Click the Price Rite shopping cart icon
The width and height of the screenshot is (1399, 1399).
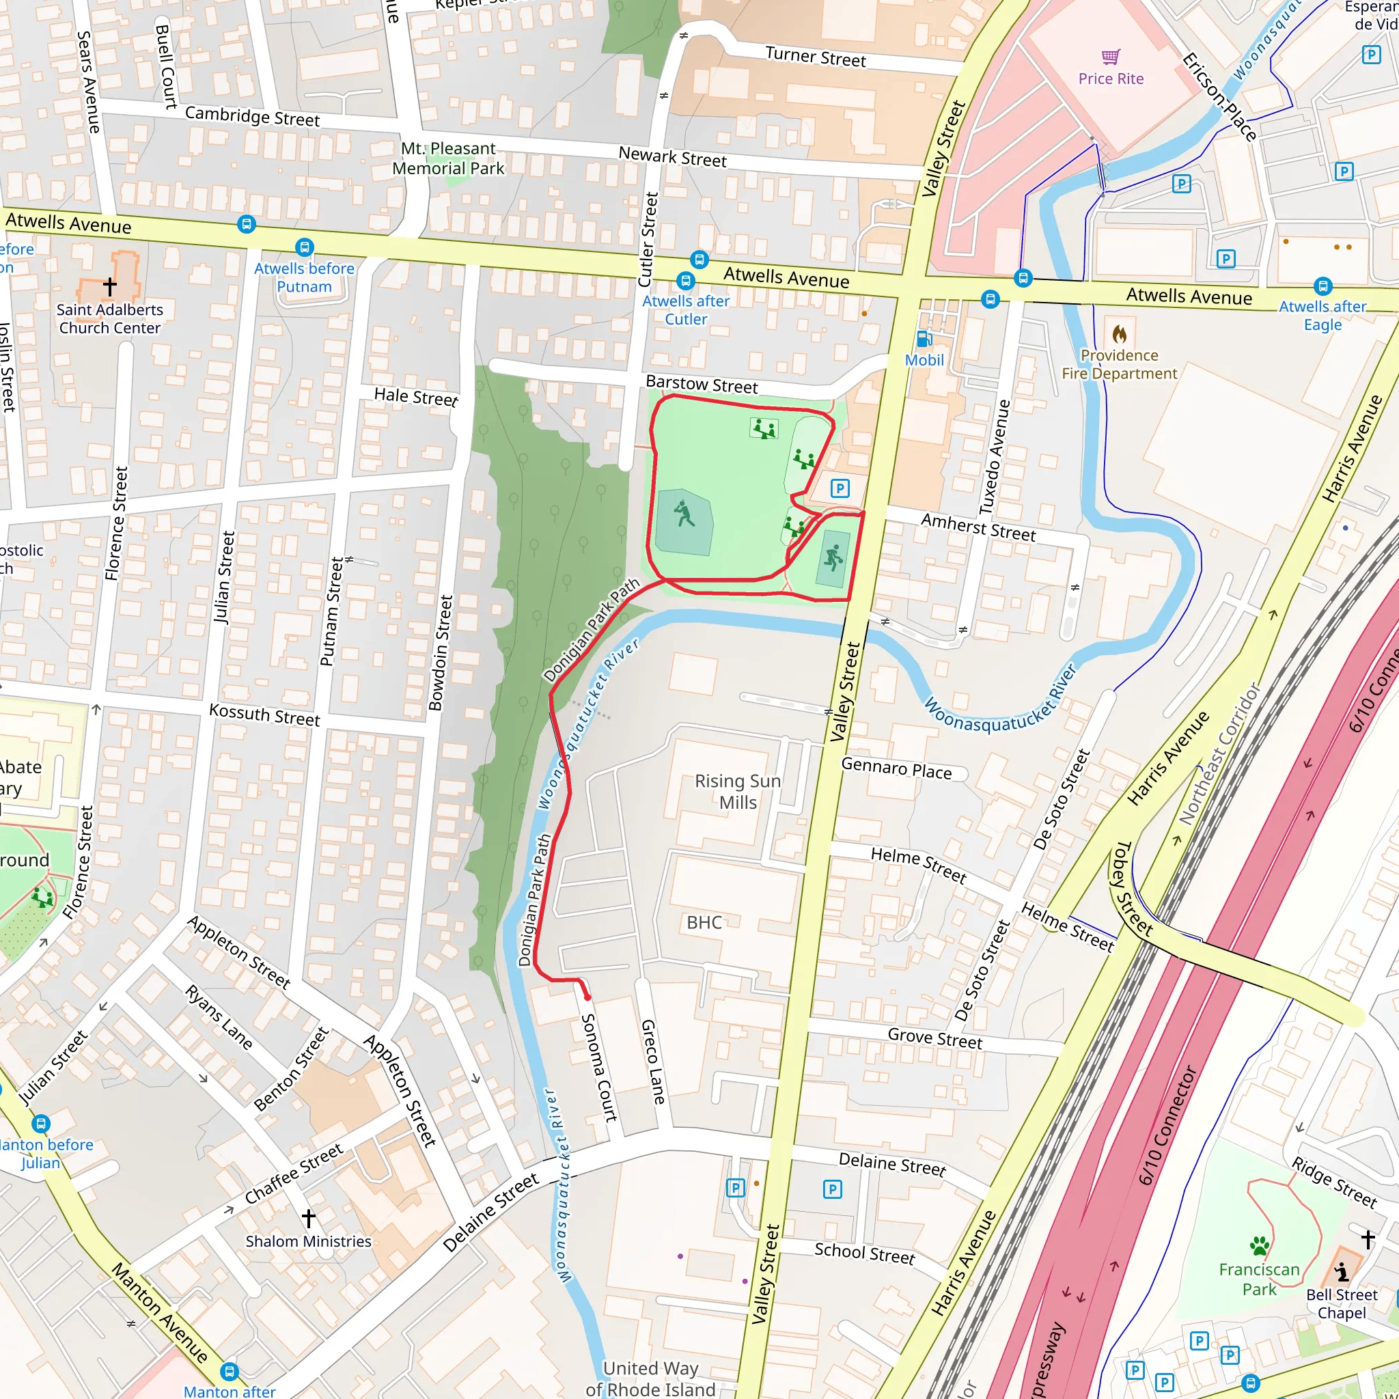click(x=1111, y=57)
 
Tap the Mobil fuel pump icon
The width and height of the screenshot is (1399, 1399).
click(x=924, y=338)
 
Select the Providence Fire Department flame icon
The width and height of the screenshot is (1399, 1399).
click(x=1120, y=335)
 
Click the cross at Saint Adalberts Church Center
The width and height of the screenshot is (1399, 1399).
click(x=109, y=286)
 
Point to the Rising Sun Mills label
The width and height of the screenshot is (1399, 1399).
click(x=737, y=792)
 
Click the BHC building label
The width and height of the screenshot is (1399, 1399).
click(x=704, y=922)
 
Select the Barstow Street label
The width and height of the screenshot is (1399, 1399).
click(x=701, y=385)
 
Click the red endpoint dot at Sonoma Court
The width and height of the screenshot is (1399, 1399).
click(x=587, y=997)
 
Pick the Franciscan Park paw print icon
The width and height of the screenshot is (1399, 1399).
click(x=1259, y=1246)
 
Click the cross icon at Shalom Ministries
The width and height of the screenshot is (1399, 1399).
click(x=309, y=1218)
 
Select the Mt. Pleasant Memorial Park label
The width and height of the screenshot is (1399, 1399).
click(x=447, y=158)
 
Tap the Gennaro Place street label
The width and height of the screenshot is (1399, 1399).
click(x=896, y=768)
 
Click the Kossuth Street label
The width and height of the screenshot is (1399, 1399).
click(x=264, y=715)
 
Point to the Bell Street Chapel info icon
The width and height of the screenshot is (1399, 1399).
click(x=1342, y=1271)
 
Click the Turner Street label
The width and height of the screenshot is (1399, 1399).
click(x=816, y=57)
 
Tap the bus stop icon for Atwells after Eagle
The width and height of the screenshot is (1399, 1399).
click(x=1322, y=286)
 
